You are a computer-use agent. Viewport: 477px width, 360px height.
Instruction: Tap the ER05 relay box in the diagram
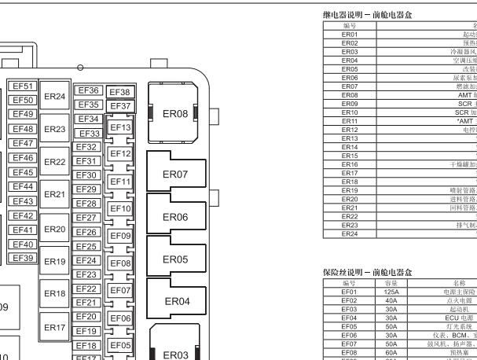pos(174,259)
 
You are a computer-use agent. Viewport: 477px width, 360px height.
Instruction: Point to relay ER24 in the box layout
pos(54,97)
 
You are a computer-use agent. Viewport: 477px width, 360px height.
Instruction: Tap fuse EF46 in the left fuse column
pos(22,158)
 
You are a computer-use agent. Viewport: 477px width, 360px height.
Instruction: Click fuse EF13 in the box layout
pos(119,127)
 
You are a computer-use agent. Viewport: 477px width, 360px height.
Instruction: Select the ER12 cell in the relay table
pos(350,130)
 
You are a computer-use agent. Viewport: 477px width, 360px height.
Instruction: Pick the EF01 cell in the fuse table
pos(350,292)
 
